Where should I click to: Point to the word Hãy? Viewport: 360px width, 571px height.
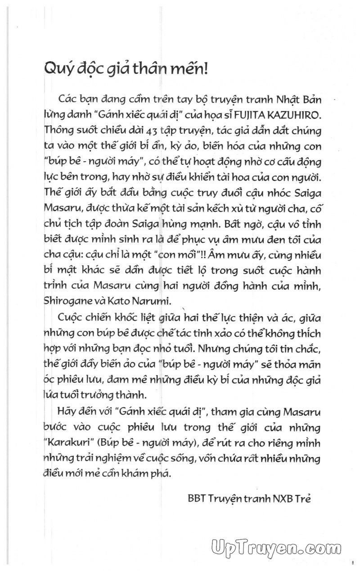tap(68, 411)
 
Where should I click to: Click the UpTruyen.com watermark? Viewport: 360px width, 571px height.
tap(275, 548)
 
